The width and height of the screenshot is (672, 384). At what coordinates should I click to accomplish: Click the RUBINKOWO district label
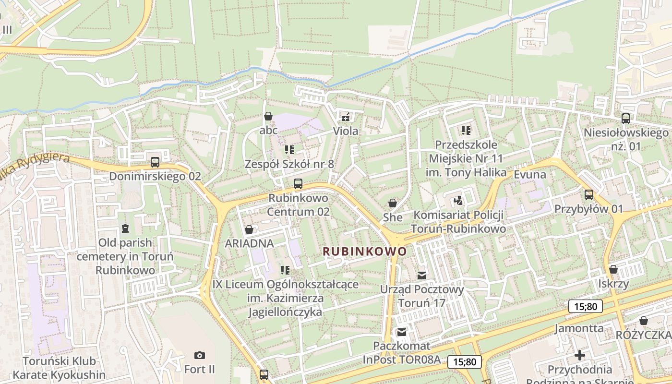click(x=365, y=251)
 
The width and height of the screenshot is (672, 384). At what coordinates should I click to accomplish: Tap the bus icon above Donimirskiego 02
click(x=155, y=162)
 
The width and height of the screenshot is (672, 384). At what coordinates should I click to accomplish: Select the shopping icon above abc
click(x=268, y=116)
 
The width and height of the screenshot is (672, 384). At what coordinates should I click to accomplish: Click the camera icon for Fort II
click(x=200, y=355)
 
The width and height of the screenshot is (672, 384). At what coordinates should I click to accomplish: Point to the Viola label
click(x=346, y=131)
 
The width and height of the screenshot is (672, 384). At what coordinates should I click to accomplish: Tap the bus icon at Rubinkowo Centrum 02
click(x=298, y=183)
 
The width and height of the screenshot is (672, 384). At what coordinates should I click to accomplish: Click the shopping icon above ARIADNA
click(x=249, y=229)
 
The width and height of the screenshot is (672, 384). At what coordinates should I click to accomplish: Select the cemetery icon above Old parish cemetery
click(x=125, y=228)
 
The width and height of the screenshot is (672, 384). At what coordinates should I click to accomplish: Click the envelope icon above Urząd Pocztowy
click(x=422, y=275)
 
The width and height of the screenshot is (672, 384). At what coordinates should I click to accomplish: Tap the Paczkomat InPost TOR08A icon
click(x=401, y=332)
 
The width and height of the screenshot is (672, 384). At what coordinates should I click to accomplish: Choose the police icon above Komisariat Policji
click(x=458, y=200)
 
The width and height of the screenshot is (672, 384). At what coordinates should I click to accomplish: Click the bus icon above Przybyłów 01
click(x=589, y=195)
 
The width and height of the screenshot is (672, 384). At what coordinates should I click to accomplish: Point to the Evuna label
click(x=530, y=174)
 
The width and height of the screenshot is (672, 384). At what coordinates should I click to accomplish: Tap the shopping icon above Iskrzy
click(x=613, y=269)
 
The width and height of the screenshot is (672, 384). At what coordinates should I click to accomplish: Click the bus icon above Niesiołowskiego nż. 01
click(x=625, y=118)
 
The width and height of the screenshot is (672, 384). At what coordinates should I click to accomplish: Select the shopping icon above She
click(x=393, y=203)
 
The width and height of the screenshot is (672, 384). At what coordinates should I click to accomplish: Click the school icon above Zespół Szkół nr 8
click(x=289, y=150)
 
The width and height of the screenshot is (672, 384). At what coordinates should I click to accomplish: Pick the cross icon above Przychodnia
click(x=580, y=355)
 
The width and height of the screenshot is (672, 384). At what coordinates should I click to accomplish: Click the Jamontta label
click(x=579, y=328)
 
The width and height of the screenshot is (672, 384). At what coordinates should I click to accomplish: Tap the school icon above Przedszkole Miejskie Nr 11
click(x=466, y=130)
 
